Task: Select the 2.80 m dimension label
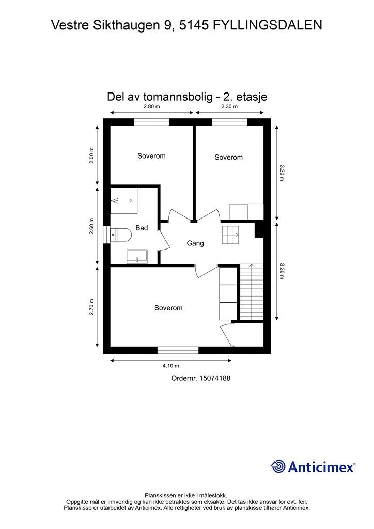151,107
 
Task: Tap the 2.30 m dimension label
229,107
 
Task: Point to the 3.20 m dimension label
282,173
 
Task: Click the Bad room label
142,228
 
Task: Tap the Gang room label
195,243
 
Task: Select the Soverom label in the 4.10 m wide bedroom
168,308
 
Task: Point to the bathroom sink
137,256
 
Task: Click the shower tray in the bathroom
124,201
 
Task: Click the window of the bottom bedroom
178,350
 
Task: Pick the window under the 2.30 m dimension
229,122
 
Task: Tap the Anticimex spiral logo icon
278,466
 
